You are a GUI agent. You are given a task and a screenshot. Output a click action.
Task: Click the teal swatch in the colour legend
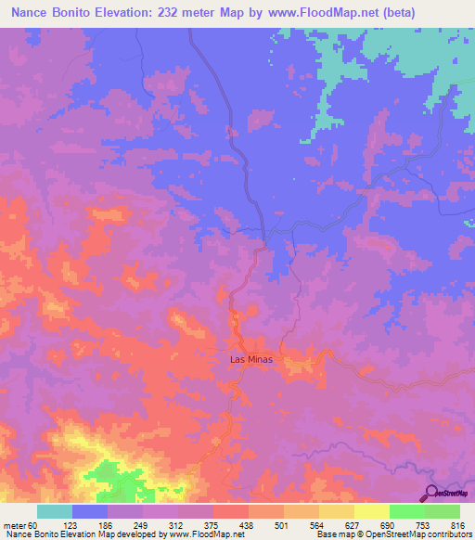pos(55,511)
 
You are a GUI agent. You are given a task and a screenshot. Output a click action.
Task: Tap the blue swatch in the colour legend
pos(90,511)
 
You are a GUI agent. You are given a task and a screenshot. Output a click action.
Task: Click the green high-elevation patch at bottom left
pos(116,478)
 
